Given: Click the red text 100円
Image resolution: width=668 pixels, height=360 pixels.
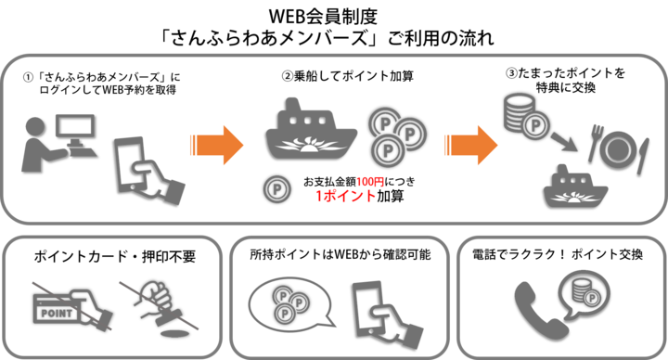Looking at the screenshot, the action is (x=370, y=182).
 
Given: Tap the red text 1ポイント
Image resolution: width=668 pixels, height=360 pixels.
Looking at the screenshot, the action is (x=345, y=197).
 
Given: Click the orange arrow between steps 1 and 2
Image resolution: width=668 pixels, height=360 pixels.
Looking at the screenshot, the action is (x=217, y=146).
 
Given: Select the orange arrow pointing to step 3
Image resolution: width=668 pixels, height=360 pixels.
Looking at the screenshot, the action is (x=470, y=146).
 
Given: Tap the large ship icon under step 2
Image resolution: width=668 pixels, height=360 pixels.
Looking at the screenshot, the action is (x=311, y=129).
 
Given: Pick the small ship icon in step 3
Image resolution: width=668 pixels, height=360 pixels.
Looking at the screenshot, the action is (x=575, y=186).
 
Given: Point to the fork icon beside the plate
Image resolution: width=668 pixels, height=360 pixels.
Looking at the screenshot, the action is (x=595, y=143).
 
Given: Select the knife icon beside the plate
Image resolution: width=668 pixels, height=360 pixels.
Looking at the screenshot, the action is (x=643, y=156).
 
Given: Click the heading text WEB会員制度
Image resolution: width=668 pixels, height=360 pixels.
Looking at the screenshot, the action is (x=324, y=16).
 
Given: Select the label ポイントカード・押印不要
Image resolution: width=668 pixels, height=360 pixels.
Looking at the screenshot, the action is (x=114, y=256).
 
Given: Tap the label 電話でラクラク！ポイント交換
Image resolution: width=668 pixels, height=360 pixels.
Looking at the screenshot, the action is (x=558, y=254).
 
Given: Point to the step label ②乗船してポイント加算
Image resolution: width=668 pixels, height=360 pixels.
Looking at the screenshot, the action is (x=348, y=76).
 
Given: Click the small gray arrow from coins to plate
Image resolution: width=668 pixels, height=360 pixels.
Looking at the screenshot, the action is (x=564, y=142).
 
